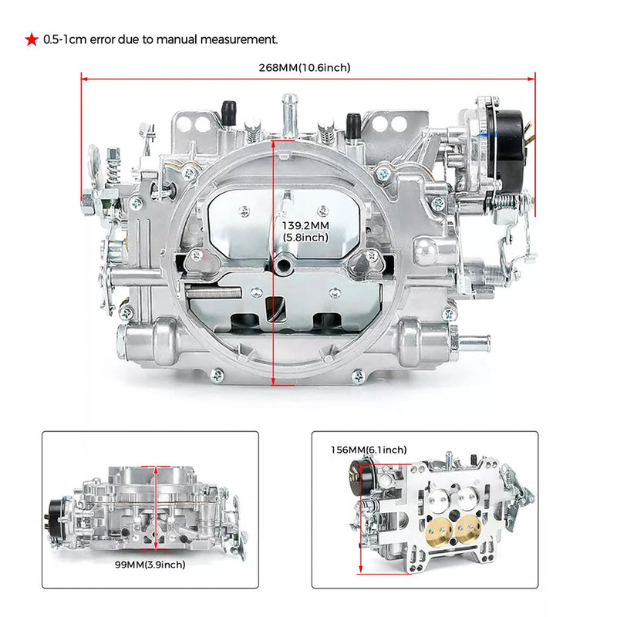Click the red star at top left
tap(31, 39)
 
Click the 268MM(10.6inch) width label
tap(305, 68)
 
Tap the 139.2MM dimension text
tap(305, 226)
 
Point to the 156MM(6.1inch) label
tap(369, 450)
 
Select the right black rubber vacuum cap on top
tap(352, 123)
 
